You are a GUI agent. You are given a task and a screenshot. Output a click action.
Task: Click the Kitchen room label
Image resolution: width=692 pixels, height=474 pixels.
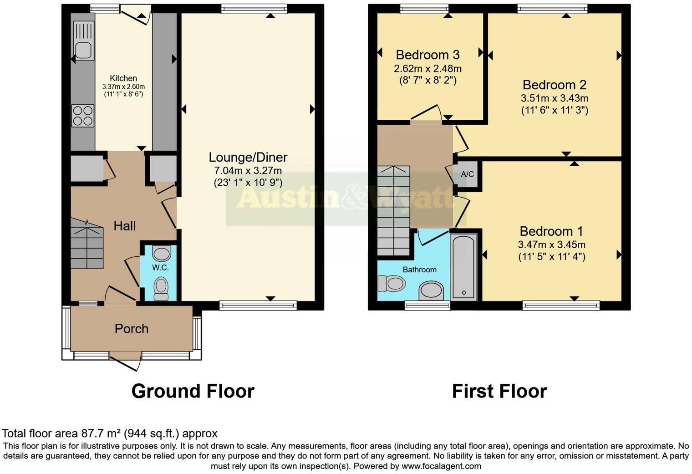[123, 78]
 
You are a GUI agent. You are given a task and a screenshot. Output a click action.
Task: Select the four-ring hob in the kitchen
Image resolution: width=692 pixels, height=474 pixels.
[83, 116]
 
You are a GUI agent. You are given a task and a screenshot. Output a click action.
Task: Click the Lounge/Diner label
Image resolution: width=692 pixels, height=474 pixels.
[248, 158]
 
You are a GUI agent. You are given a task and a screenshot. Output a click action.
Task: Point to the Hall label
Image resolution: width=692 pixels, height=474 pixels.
[124, 226]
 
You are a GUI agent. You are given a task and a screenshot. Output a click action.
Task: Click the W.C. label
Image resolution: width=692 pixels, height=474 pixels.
[160, 268]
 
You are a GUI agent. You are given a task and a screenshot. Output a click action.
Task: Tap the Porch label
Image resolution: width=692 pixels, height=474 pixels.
[131, 329]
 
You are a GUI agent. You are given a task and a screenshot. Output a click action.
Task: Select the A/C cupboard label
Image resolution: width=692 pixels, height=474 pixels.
[467, 174]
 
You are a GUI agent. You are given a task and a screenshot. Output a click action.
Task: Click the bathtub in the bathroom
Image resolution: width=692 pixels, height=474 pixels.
[463, 267]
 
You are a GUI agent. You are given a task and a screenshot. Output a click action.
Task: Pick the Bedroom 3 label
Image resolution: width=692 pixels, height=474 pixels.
[427, 55]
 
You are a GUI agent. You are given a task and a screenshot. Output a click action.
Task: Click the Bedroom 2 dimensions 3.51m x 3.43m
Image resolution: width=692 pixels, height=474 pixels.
[554, 98]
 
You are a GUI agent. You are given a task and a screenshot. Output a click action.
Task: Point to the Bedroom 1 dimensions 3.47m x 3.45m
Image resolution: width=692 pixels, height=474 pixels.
[551, 245]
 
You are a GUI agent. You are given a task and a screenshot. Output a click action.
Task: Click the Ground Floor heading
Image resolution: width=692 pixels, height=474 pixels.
[193, 392]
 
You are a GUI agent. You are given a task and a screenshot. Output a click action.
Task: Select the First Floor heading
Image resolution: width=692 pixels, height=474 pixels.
[499, 392]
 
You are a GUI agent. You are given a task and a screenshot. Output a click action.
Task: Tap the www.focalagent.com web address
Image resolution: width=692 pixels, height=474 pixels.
[441, 466]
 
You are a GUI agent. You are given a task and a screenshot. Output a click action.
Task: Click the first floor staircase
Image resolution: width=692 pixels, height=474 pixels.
[393, 210]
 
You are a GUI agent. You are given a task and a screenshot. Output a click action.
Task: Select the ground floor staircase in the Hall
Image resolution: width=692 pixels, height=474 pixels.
[86, 244]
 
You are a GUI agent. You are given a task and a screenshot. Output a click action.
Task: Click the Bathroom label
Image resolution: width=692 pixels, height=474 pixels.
[419, 270]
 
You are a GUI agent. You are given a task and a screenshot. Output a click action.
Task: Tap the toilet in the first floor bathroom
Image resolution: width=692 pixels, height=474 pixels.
[391, 284]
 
